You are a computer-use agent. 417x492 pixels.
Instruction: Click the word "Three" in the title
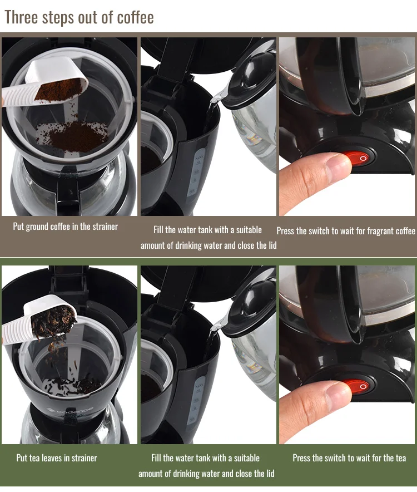point(22,17)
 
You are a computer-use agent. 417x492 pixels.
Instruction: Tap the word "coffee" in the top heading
point(135,17)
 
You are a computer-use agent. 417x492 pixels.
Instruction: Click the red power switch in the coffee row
point(359,159)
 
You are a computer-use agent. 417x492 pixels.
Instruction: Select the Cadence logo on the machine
point(70,410)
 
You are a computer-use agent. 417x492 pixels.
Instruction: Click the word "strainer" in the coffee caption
point(105,227)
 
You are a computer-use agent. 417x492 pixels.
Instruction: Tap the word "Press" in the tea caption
point(301,458)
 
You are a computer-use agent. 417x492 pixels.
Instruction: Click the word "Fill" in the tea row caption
point(156,458)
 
